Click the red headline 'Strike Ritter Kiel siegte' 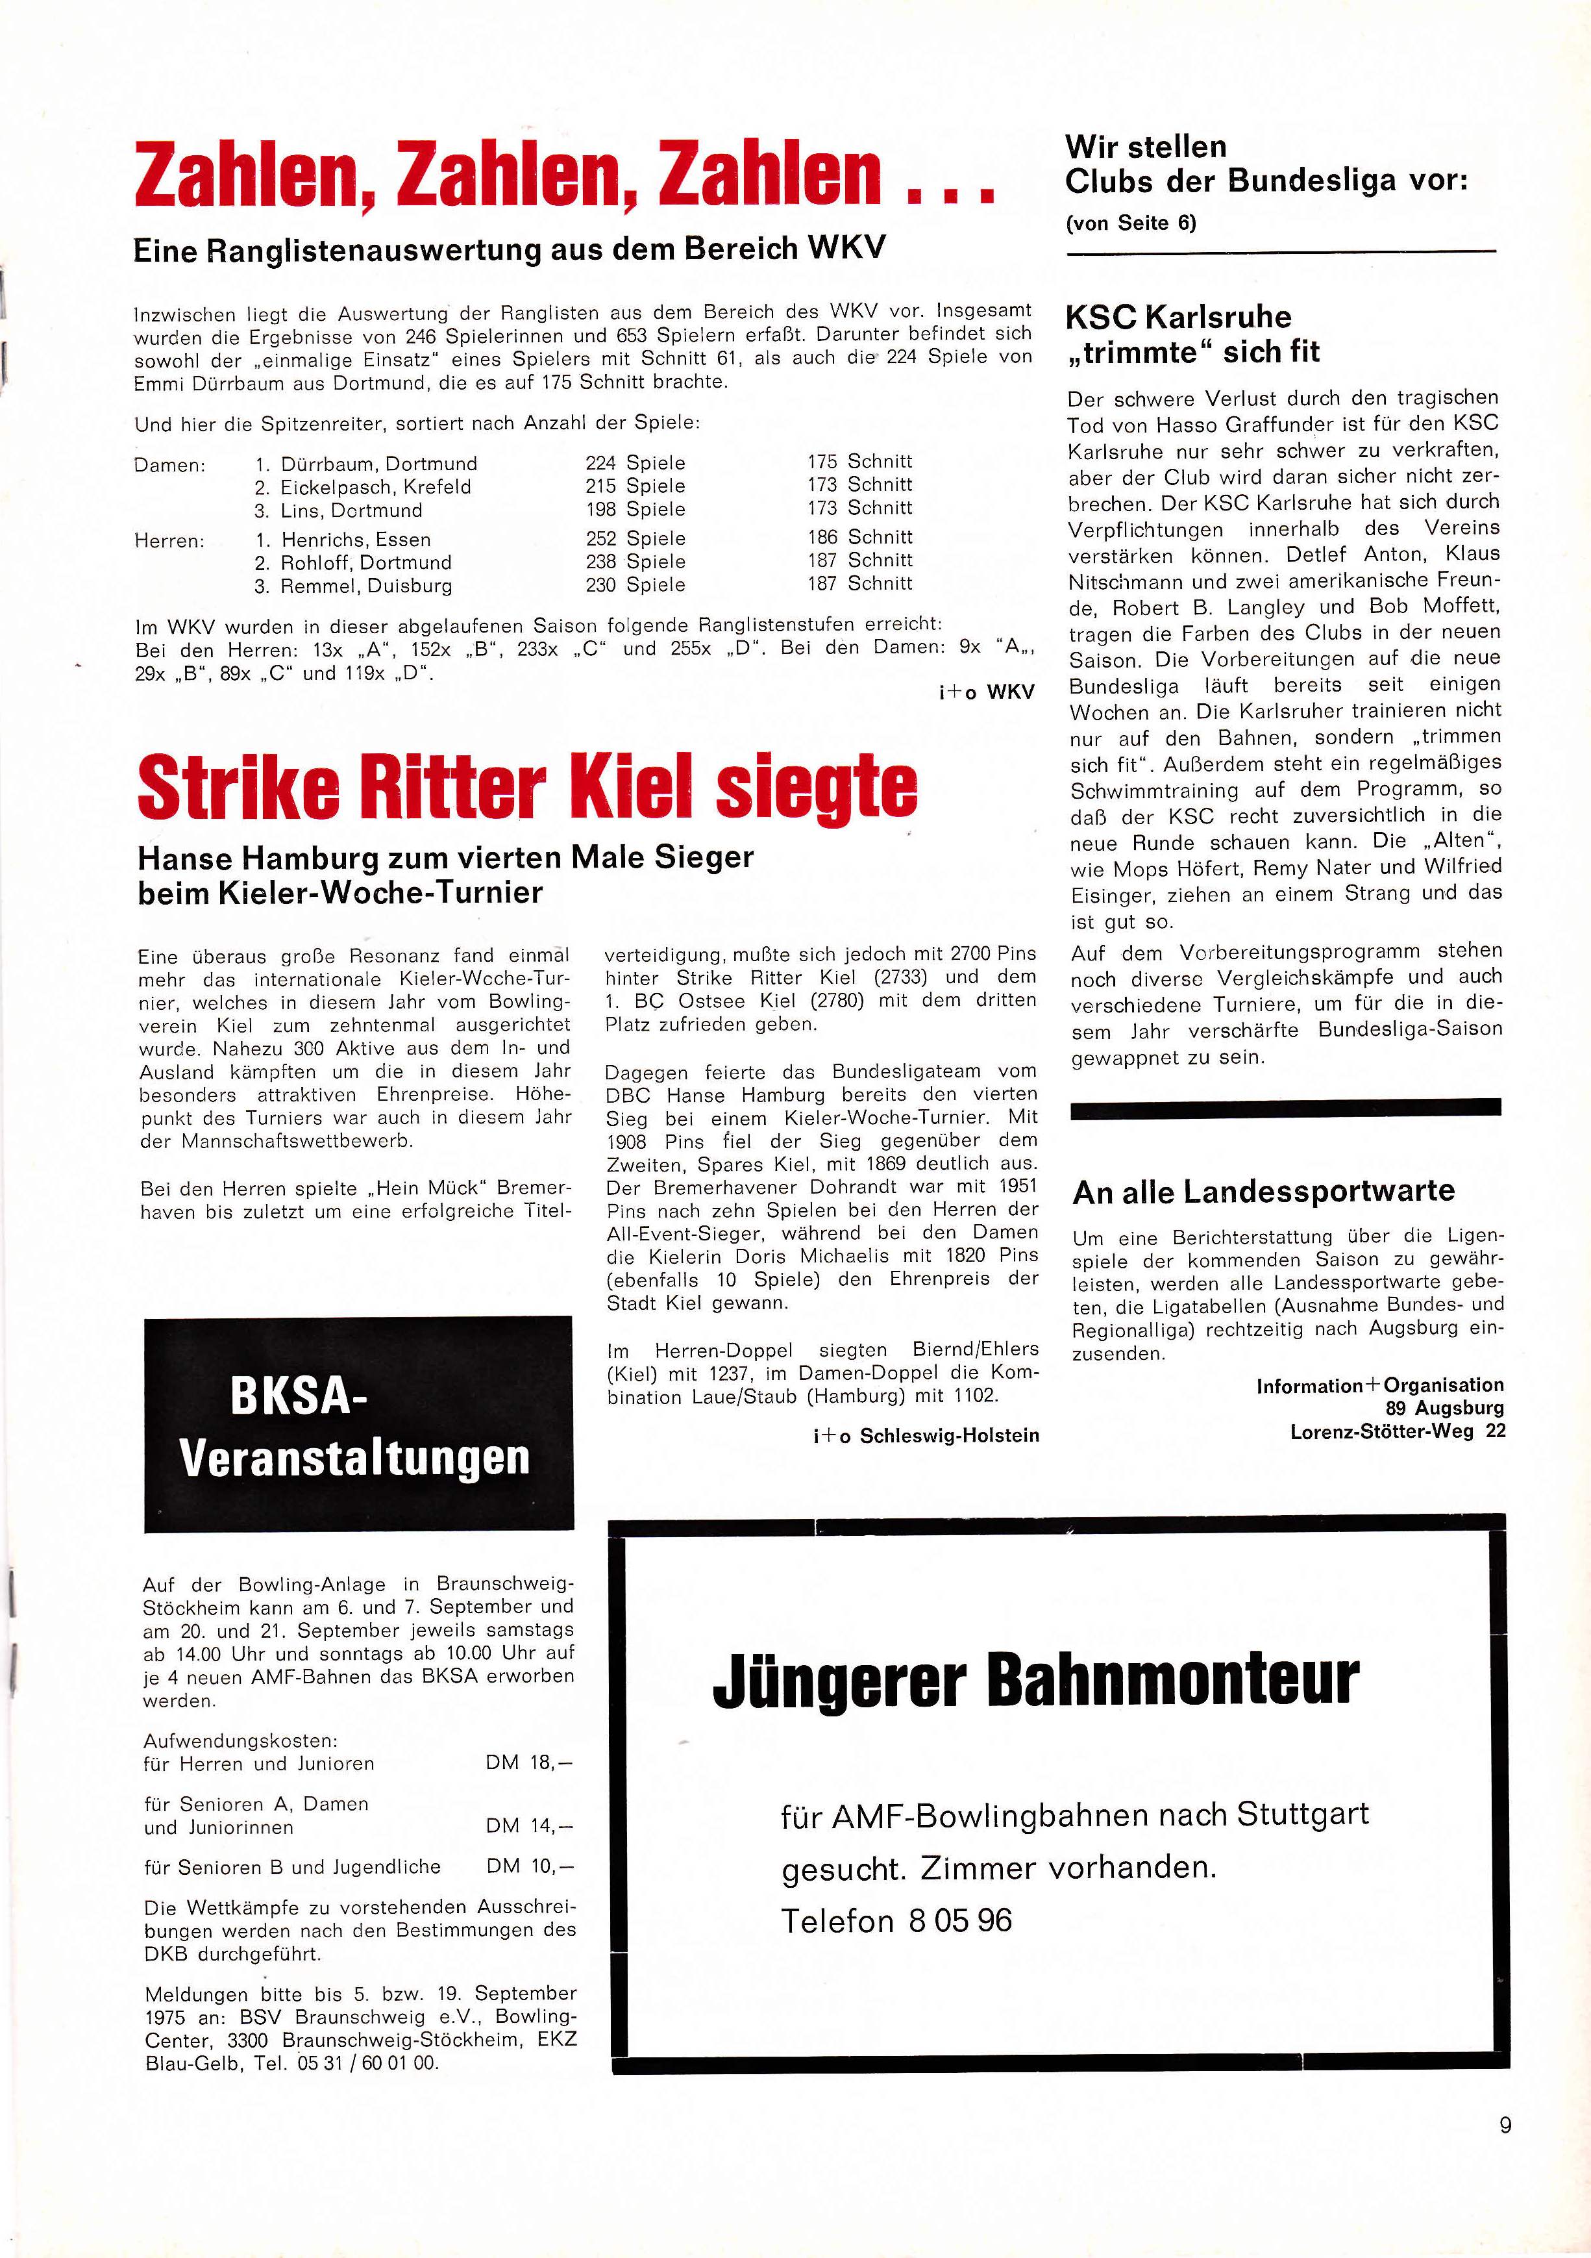pyautogui.click(x=528, y=786)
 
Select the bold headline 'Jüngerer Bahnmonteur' pyautogui.click(x=1035, y=1682)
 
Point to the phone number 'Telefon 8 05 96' pyautogui.click(x=896, y=1921)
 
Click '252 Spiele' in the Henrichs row pyautogui.click(x=635, y=539)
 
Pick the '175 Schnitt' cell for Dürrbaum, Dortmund pyautogui.click(x=859, y=461)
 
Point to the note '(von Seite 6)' pyautogui.click(x=1131, y=223)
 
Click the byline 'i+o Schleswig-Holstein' pyautogui.click(x=925, y=1436)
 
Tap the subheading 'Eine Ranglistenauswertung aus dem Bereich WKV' pyautogui.click(x=510, y=249)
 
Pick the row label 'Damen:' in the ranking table pyautogui.click(x=169, y=465)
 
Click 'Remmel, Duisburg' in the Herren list pyautogui.click(x=366, y=586)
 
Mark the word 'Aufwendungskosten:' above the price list pyautogui.click(x=240, y=1740)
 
